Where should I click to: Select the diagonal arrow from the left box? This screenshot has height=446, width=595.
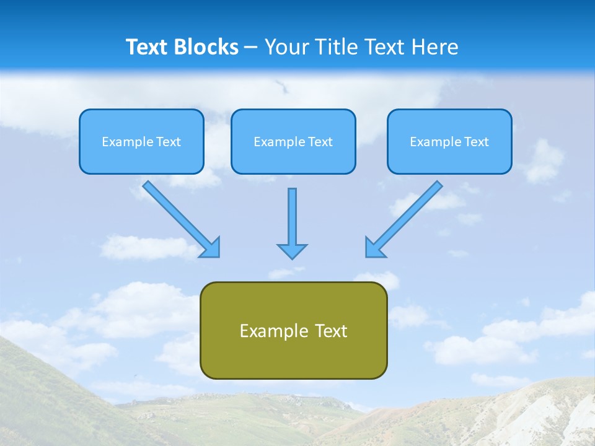coord(177,215)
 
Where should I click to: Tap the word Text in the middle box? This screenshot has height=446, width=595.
coord(320,142)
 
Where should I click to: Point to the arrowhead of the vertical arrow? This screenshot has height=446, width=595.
coord(292,251)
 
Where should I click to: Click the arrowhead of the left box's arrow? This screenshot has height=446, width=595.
coord(211,248)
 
